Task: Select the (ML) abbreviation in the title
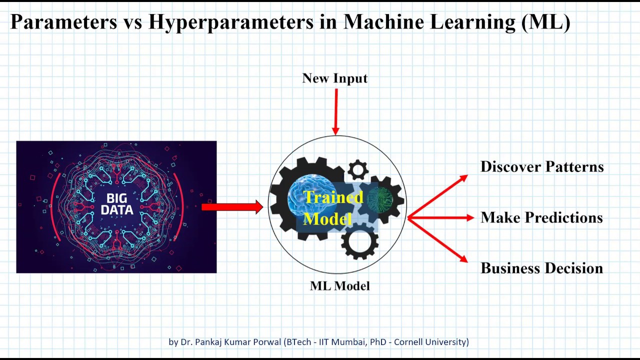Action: (x=545, y=22)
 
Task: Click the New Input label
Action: (x=334, y=78)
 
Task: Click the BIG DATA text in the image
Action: (x=116, y=204)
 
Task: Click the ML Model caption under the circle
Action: (x=339, y=286)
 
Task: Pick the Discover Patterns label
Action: (x=542, y=167)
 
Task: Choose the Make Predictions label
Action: (x=541, y=217)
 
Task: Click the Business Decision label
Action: (x=541, y=268)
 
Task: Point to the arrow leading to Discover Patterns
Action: (x=438, y=196)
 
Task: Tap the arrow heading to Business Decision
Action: (x=438, y=240)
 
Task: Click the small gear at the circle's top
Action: (x=357, y=170)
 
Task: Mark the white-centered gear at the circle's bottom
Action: (x=359, y=241)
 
